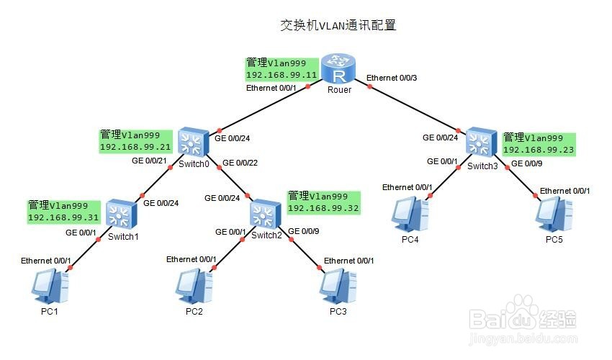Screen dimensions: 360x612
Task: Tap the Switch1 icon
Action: [x=121, y=215]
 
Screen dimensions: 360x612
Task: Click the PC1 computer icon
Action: [x=51, y=287]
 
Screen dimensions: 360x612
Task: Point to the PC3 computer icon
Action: [x=338, y=287]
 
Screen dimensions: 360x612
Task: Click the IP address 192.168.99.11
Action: [x=282, y=75]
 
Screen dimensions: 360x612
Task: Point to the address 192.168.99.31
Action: [x=63, y=217]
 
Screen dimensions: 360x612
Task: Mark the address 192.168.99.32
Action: [x=323, y=207]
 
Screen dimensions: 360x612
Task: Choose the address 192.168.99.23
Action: [x=539, y=150]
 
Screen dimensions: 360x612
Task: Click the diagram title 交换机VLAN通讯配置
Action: [x=338, y=25]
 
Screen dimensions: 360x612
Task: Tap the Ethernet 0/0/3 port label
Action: [x=392, y=78]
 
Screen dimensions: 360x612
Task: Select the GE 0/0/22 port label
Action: [x=240, y=163]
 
